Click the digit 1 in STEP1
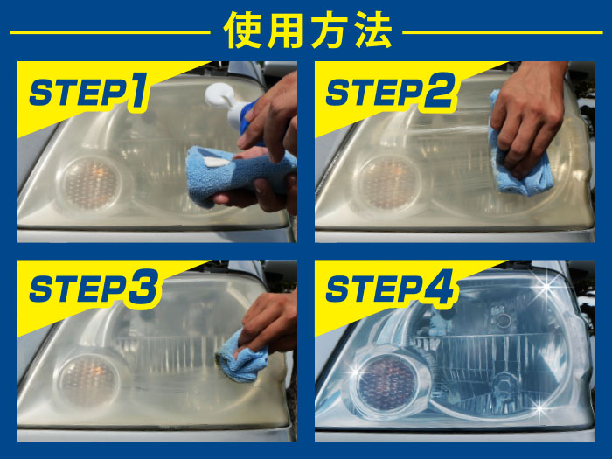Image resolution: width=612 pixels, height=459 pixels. tap(138, 90)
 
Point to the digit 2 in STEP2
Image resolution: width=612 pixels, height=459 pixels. tap(440, 90)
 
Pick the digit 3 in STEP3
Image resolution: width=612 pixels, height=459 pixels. tap(144, 288)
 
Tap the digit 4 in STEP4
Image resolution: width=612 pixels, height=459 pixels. tap(438, 287)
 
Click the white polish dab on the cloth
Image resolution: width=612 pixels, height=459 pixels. tap(217, 162)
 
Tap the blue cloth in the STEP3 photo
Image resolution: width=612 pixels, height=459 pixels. tap(241, 358)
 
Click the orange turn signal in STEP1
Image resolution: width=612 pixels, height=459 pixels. tap(91, 184)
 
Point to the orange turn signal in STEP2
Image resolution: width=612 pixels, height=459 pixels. tap(388, 184)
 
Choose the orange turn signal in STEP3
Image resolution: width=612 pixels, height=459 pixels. tap(88, 381)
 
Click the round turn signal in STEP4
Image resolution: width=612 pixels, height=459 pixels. tap(386, 383)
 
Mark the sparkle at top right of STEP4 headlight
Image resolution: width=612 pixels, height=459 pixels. tap(546, 288)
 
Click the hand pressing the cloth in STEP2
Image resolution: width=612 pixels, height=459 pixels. tap(528, 117)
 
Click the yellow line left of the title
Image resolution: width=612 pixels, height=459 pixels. tap(110, 32)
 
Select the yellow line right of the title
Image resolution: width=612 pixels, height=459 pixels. tap(503, 32)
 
